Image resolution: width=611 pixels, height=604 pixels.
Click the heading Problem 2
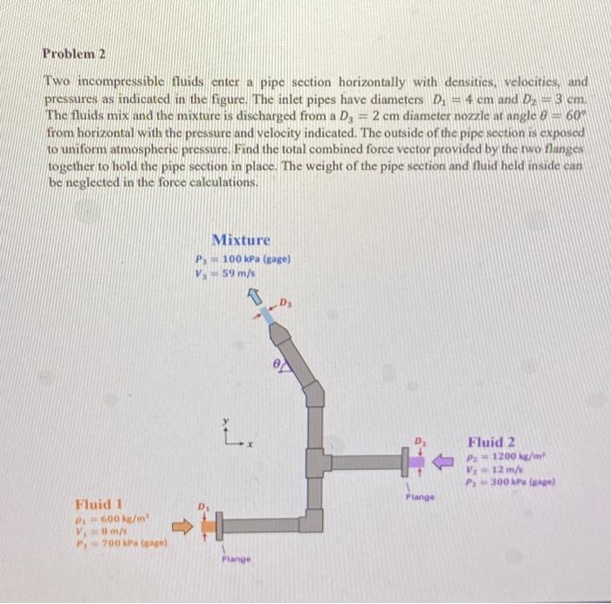tap(74, 53)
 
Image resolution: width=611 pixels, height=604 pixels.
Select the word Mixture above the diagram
tap(241, 239)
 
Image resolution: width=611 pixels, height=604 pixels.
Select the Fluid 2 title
tap(491, 442)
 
